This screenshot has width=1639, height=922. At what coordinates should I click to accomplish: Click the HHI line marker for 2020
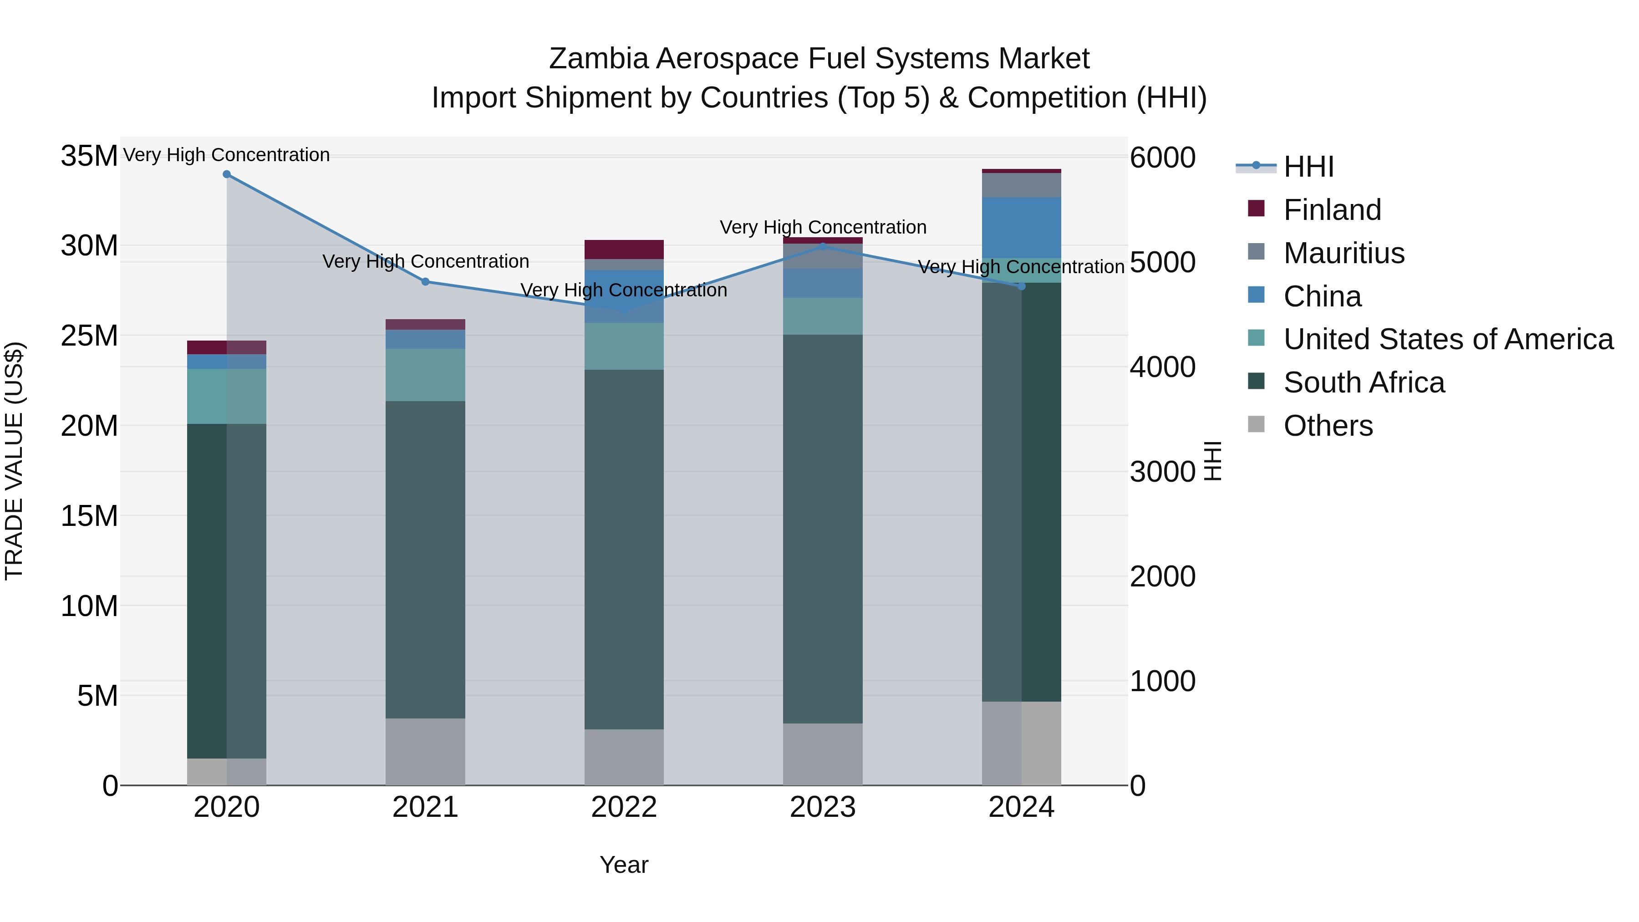click(227, 174)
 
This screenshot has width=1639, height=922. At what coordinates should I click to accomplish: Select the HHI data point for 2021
click(426, 282)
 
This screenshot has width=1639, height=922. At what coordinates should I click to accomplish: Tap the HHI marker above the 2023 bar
click(822, 247)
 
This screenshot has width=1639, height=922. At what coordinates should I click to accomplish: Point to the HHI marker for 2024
click(1022, 286)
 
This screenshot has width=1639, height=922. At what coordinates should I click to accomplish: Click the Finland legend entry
click(1332, 210)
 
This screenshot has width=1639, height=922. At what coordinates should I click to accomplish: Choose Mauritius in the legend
click(1343, 253)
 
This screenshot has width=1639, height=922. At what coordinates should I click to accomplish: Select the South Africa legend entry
click(1364, 382)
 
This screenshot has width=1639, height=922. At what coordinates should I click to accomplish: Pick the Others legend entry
click(1328, 426)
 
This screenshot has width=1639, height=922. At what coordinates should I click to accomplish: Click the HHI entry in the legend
click(1308, 167)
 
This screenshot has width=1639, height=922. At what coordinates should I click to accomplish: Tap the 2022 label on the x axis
click(624, 807)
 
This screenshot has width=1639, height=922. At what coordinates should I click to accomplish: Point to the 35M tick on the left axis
click(89, 156)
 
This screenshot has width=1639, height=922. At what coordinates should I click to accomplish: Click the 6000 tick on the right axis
click(1162, 158)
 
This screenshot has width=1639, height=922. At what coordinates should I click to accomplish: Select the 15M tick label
click(89, 516)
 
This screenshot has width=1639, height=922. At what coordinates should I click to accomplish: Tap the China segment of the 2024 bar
click(1022, 228)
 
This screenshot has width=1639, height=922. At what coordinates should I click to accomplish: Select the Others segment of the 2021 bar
click(426, 751)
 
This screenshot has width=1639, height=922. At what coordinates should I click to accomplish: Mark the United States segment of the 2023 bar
click(822, 316)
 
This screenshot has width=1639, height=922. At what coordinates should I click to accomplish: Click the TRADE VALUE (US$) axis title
click(14, 461)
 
